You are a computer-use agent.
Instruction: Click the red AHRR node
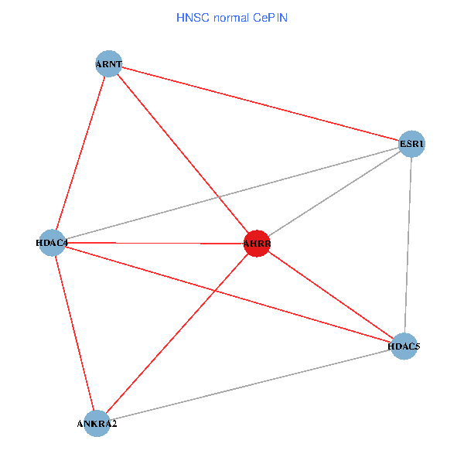(257, 244)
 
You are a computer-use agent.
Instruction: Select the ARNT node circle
(109, 64)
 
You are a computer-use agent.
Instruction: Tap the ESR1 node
(411, 143)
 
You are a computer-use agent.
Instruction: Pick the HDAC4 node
(52, 243)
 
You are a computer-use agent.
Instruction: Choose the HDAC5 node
(404, 346)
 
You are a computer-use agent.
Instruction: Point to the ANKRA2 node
(97, 423)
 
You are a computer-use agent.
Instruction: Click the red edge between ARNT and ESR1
(260, 104)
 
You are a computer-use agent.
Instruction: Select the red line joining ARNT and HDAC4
(80, 153)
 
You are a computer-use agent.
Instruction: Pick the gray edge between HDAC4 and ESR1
(232, 193)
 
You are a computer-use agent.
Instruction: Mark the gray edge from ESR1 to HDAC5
(408, 244)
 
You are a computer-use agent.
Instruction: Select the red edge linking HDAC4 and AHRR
(155, 244)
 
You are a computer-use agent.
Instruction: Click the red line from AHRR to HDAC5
(330, 295)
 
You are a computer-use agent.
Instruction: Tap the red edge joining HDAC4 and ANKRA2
(74, 333)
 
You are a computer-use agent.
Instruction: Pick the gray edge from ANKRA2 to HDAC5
(251, 384)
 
